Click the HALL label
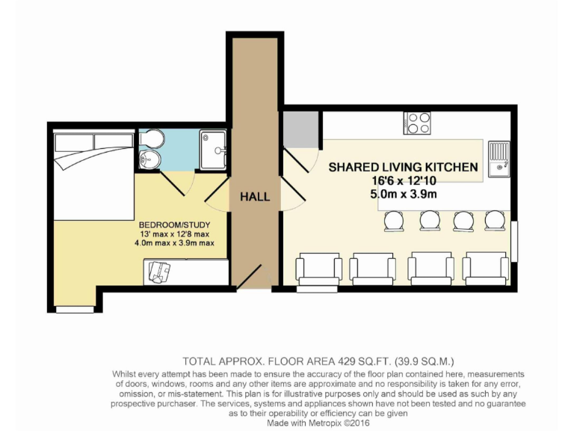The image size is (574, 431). (x=255, y=197)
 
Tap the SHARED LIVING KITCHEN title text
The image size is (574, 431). (x=403, y=168)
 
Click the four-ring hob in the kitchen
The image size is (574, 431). (x=416, y=123)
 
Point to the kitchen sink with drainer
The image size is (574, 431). (x=499, y=159)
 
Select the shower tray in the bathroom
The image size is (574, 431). (x=215, y=150)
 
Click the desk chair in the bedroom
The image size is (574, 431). (x=158, y=272)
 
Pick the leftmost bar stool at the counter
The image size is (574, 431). (x=392, y=221)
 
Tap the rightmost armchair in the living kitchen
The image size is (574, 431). (x=485, y=269)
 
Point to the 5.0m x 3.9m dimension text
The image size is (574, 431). (x=404, y=195)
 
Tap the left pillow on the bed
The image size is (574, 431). (x=72, y=141)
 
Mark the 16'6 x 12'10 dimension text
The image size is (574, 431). (x=404, y=181)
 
